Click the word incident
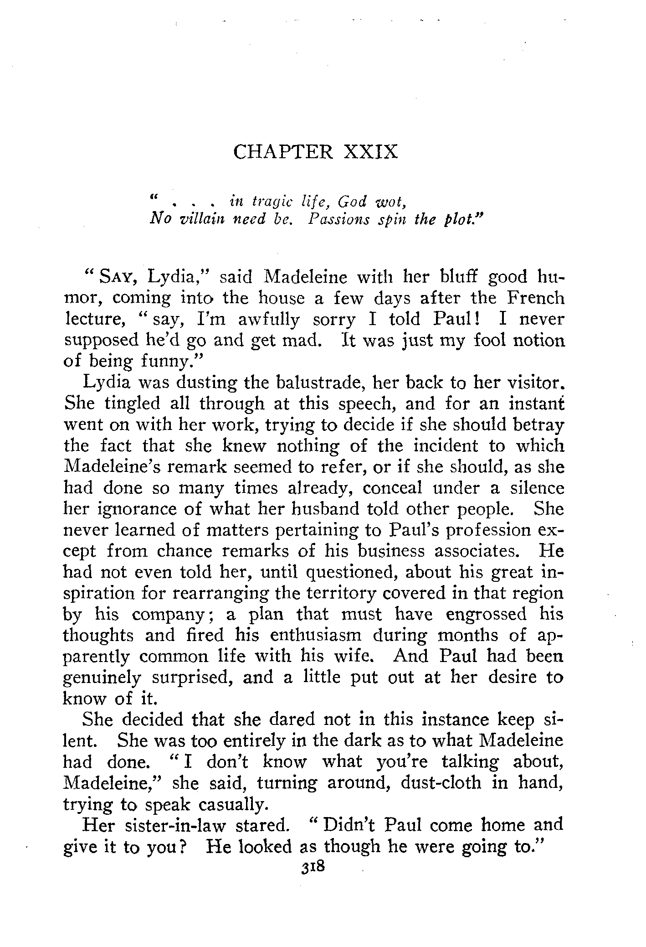pyautogui.click(x=444, y=445)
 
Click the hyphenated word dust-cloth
pyautogui.click(x=441, y=782)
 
